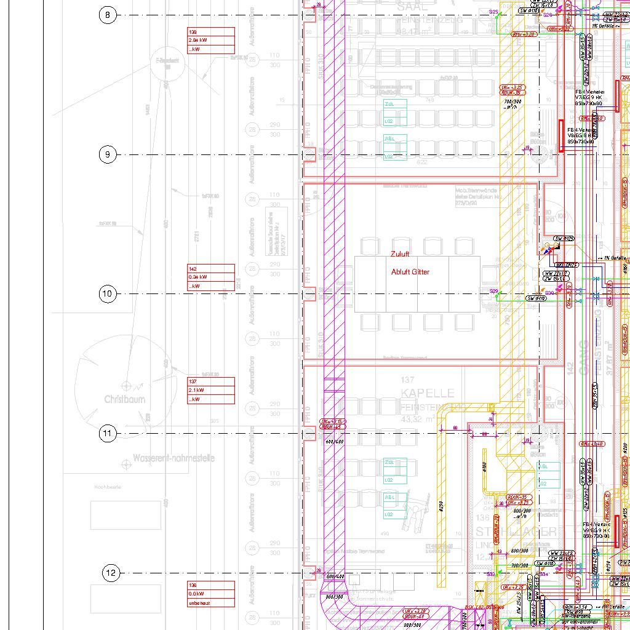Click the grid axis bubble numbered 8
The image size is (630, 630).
pos(108,15)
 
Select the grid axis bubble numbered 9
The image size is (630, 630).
pos(108,154)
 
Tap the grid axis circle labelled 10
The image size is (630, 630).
pos(108,294)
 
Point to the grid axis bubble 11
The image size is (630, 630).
pos(108,434)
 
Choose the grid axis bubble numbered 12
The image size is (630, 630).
pos(111,573)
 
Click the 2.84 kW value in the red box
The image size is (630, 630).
pos(198,40)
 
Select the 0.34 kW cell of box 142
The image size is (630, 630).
pos(198,277)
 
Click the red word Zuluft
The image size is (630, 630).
pos(400,253)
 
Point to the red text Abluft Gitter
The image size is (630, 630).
pos(410,272)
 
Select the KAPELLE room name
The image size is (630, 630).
pos(428,393)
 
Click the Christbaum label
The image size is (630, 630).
pos(124,399)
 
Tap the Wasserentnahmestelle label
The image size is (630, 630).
pos(173,458)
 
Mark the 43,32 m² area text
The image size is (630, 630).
pos(418,419)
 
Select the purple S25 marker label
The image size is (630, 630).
pos(493,12)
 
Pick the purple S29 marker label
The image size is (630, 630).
pos(493,291)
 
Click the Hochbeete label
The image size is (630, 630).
pos(108,487)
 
